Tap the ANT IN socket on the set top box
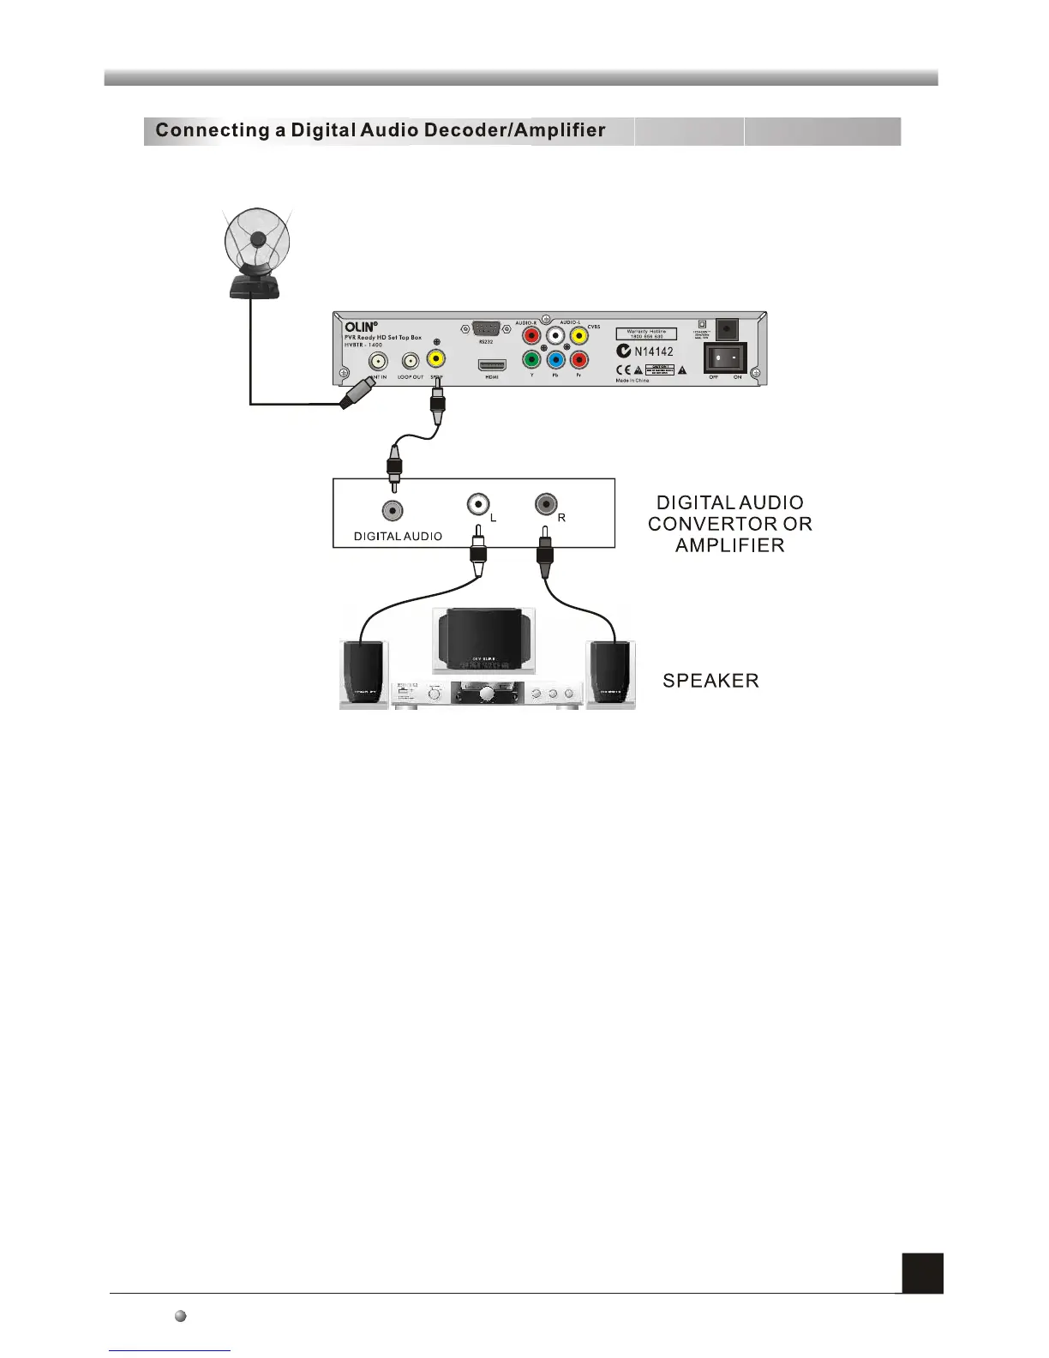point(376,362)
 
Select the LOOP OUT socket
point(411,362)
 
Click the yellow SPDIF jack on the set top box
point(437,358)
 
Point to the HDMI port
point(492,365)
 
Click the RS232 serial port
point(485,328)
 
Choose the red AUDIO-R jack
point(531,336)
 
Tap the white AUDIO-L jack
point(556,336)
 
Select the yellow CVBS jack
point(580,336)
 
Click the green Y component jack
point(531,361)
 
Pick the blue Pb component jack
point(556,361)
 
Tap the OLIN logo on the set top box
point(360,327)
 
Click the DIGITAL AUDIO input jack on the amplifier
point(393,511)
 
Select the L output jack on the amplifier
point(477,504)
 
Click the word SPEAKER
point(710,682)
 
